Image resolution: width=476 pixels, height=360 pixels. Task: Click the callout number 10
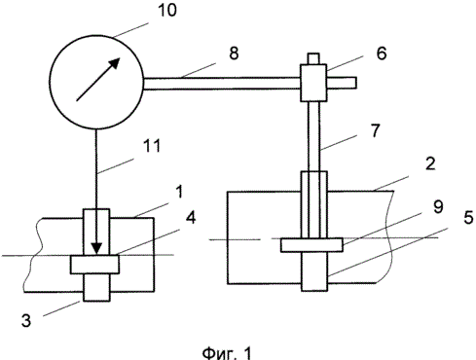pyautogui.click(x=167, y=10)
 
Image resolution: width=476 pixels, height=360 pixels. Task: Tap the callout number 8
pyautogui.click(x=234, y=53)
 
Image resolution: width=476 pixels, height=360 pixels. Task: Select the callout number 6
pyautogui.click(x=382, y=54)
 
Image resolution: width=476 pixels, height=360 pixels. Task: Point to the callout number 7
pyautogui.click(x=376, y=130)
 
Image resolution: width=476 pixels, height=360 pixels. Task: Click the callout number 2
pyautogui.click(x=430, y=163)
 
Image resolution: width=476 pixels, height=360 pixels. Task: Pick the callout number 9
pyautogui.click(x=438, y=206)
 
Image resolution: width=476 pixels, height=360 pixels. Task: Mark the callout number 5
pyautogui.click(x=468, y=217)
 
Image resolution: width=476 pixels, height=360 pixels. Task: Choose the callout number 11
pyautogui.click(x=152, y=146)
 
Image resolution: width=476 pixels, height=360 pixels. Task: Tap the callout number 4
pyautogui.click(x=191, y=217)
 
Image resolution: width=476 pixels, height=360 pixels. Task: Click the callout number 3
pyautogui.click(x=26, y=320)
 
